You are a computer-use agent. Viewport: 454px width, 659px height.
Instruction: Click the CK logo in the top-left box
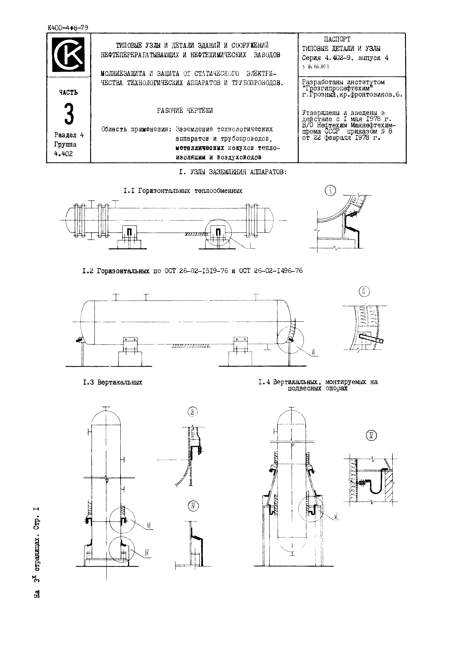tap(68, 54)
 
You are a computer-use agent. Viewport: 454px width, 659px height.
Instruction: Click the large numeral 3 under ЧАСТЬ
tap(69, 115)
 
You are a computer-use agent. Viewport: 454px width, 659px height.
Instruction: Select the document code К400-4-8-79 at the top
tap(68, 28)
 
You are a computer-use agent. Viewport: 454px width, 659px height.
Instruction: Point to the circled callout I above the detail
tap(330, 191)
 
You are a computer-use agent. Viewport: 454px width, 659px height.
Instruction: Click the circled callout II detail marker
tap(364, 291)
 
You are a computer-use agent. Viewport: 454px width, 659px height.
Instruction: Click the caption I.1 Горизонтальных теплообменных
tap(183, 191)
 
